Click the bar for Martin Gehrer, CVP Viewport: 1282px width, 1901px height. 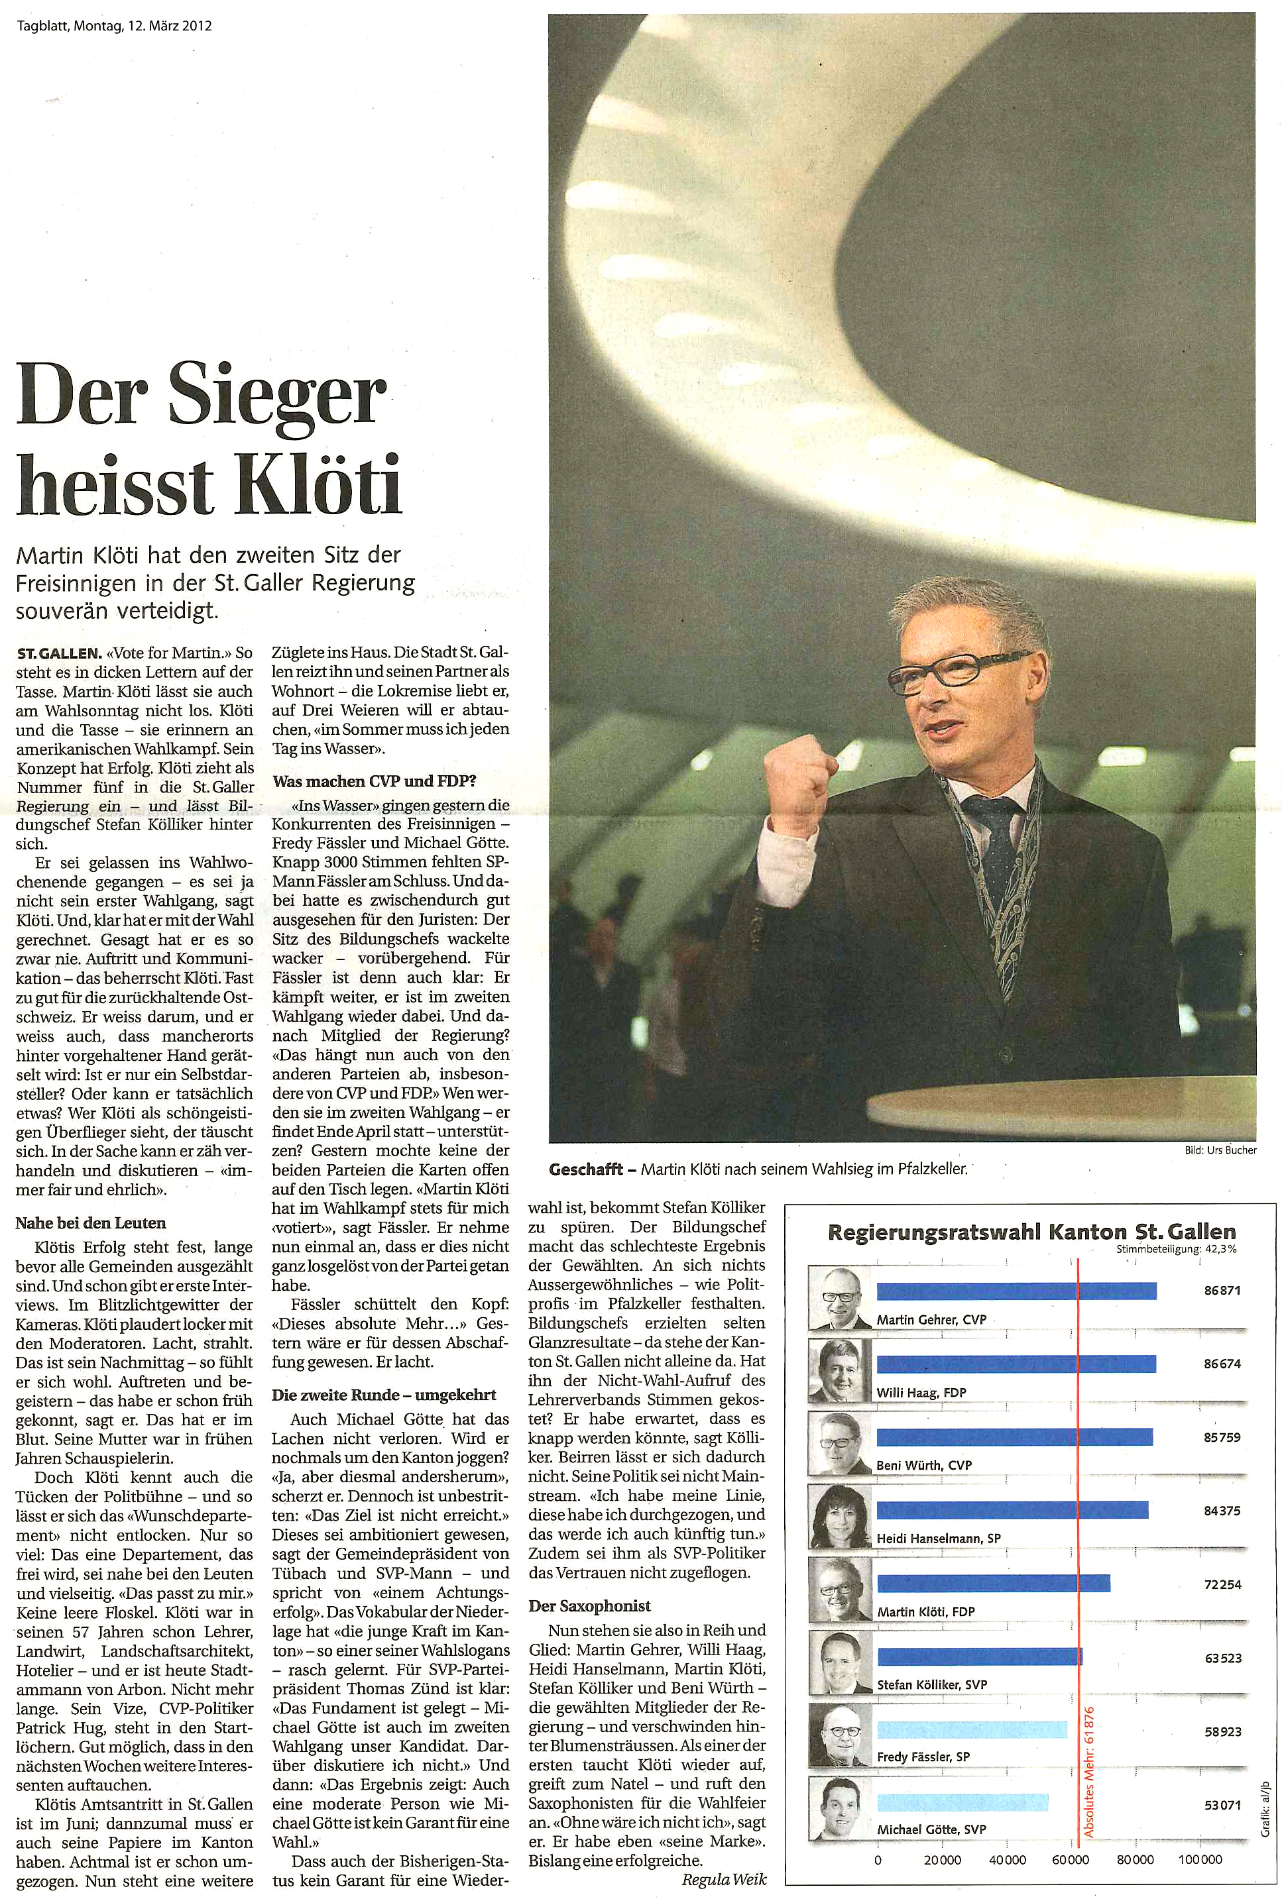1016,1291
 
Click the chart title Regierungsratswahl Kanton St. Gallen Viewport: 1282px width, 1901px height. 1032,1231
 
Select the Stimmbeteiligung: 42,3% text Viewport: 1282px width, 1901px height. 1177,1249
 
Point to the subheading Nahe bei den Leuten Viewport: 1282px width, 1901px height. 91,1222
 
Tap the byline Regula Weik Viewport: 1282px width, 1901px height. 725,1880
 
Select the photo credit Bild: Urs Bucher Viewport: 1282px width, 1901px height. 1220,1150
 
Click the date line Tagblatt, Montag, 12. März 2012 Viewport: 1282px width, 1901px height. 115,25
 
